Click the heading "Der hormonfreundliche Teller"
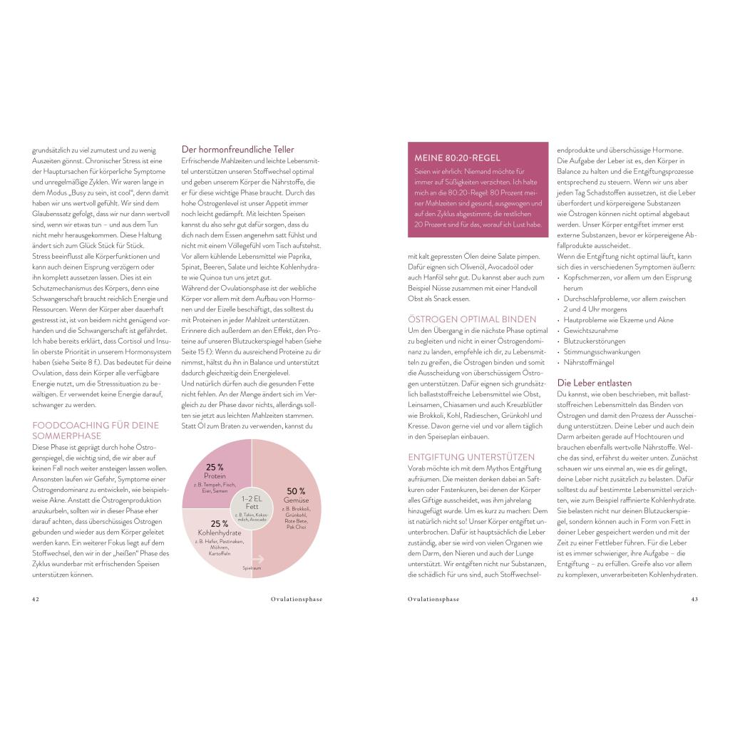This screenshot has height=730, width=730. click(228, 150)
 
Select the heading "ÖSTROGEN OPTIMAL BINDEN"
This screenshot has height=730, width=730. click(471, 319)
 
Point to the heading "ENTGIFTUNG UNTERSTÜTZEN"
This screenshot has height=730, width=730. click(471, 457)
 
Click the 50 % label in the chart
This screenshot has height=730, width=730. click(296, 491)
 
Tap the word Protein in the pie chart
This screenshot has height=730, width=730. click(215, 475)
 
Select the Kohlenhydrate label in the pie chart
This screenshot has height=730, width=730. click(220, 533)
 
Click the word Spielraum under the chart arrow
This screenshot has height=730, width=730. click(252, 570)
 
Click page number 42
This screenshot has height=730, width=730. click(36, 600)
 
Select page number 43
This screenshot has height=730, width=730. click(694, 600)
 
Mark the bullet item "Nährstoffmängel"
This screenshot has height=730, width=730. click(588, 362)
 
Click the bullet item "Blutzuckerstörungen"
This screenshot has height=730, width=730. click(594, 341)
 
